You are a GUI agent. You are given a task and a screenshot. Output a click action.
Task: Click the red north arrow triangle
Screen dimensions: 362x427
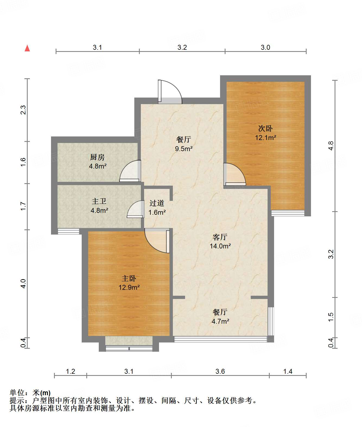point(27,48)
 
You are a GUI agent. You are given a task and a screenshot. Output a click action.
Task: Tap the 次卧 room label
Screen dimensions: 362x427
point(265,129)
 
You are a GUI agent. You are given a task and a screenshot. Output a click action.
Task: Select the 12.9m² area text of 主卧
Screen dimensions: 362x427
point(129,287)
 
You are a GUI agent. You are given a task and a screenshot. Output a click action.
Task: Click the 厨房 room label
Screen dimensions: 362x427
point(97,157)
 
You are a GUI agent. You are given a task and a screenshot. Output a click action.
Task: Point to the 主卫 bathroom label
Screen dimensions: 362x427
point(99,201)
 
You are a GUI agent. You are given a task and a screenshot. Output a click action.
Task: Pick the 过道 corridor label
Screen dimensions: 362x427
point(157,203)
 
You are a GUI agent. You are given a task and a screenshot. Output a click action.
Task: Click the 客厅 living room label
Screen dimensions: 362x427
point(220,237)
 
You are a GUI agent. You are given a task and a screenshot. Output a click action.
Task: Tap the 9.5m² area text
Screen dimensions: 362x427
point(184,149)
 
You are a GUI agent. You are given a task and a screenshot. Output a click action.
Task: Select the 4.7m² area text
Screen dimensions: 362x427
point(220,321)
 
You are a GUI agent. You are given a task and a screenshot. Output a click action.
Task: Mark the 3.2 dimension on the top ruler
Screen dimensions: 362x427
point(182,47)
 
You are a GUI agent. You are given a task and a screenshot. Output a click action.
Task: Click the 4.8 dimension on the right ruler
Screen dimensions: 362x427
point(331,146)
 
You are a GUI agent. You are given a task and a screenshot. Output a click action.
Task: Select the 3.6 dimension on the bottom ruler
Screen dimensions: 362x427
point(220,371)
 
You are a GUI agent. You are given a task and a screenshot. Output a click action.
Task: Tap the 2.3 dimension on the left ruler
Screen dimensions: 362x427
point(23,110)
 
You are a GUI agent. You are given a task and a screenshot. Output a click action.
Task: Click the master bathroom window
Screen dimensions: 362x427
point(68,231)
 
